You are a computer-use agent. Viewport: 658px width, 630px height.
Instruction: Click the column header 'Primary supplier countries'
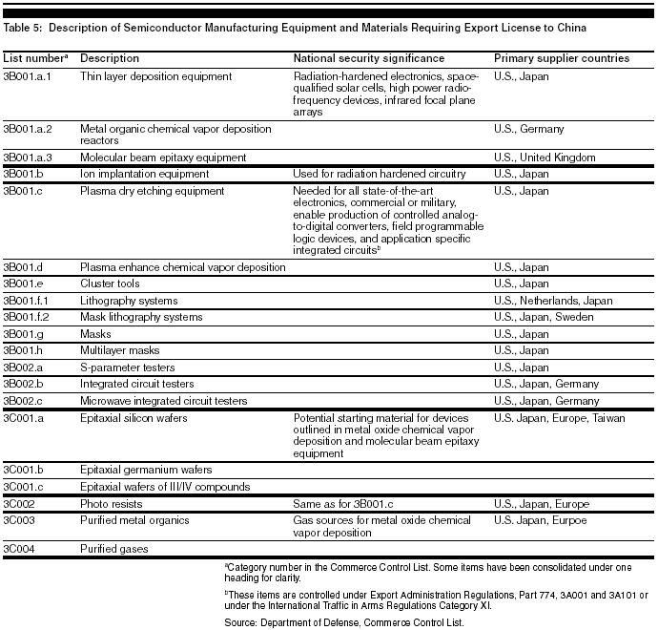pos(561,58)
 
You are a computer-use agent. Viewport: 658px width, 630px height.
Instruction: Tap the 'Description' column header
pos(110,58)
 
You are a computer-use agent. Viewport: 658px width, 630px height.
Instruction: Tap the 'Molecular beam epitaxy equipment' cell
pos(163,157)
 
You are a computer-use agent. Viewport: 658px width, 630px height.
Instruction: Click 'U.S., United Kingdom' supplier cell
pos(545,157)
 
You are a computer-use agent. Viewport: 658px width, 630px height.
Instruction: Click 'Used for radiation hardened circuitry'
pos(380,174)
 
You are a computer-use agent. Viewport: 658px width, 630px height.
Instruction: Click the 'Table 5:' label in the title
pos(24,29)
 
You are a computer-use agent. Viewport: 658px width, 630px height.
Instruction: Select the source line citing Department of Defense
pos(343,621)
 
